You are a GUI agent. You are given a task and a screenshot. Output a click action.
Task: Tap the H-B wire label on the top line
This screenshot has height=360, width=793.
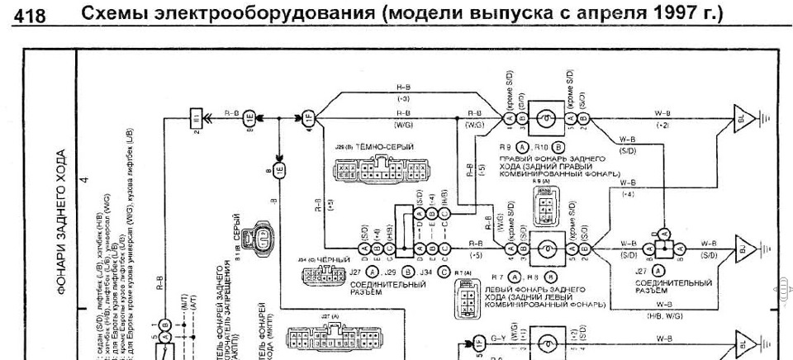(404, 87)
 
